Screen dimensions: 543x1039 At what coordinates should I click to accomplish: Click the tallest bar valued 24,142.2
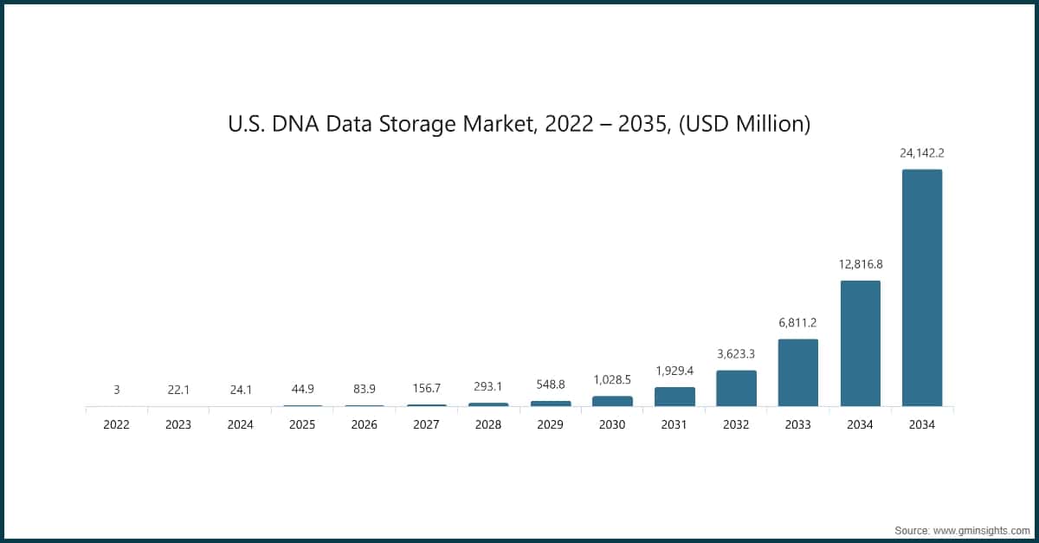click(x=921, y=288)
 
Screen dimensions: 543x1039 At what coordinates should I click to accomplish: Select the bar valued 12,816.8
click(x=860, y=343)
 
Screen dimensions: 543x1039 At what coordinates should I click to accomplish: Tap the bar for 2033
click(x=797, y=372)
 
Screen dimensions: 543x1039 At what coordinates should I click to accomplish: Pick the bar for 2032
click(x=736, y=388)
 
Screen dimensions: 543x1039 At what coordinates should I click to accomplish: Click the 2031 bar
click(x=674, y=397)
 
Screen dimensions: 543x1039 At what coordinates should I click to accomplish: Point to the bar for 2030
click(x=612, y=401)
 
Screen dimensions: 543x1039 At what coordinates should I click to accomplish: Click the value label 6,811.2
click(x=797, y=322)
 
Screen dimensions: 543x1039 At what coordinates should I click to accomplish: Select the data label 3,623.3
click(x=736, y=353)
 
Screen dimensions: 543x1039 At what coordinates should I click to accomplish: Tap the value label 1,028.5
click(x=612, y=379)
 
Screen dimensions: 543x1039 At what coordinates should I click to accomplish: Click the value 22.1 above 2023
click(x=178, y=390)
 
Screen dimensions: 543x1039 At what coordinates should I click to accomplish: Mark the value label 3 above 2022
click(x=117, y=390)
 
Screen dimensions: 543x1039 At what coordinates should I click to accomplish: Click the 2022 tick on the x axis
click(x=117, y=425)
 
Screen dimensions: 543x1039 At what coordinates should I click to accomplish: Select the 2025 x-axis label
click(x=302, y=425)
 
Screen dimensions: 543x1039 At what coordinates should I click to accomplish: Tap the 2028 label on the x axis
click(x=488, y=425)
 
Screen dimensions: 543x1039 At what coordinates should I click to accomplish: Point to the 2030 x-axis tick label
click(x=612, y=425)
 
